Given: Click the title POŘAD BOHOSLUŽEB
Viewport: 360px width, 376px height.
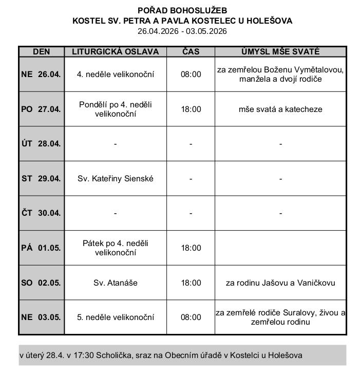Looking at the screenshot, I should [x=182, y=10].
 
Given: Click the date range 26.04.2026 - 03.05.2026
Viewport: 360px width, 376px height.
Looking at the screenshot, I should [x=182, y=31].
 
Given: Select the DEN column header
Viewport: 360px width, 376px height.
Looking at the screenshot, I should [x=41, y=52].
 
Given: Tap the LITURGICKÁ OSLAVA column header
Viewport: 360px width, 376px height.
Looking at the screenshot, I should [x=115, y=52].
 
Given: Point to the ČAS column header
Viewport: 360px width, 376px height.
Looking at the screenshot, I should [x=191, y=52].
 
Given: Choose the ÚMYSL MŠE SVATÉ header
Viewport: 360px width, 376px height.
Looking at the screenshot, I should [x=280, y=52].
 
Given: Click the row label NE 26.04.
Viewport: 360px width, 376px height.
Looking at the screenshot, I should [x=41, y=74].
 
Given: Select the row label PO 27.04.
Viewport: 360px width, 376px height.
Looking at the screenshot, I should [x=41, y=109].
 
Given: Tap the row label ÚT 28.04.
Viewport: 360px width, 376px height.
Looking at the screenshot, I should [x=41, y=144].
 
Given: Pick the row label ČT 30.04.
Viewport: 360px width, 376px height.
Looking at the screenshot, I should [x=41, y=213].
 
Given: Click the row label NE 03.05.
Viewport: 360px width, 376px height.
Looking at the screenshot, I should [x=41, y=317].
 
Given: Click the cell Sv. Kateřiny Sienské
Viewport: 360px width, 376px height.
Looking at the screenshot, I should [x=115, y=179].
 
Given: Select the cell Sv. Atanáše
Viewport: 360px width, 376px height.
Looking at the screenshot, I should [x=115, y=283].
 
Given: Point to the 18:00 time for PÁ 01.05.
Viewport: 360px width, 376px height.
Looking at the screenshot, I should [x=191, y=248].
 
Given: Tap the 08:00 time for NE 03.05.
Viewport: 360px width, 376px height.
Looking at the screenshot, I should [x=191, y=317].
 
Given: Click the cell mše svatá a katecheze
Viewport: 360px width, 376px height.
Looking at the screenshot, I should [x=280, y=109].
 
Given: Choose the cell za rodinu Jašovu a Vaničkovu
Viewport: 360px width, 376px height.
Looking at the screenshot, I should [x=280, y=283].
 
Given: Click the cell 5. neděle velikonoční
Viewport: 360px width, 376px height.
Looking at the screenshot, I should [x=115, y=317].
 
